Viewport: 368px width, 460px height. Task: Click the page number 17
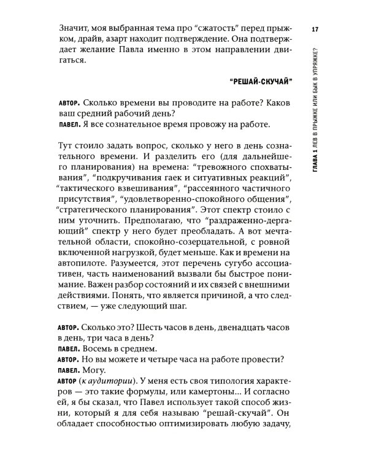314,30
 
